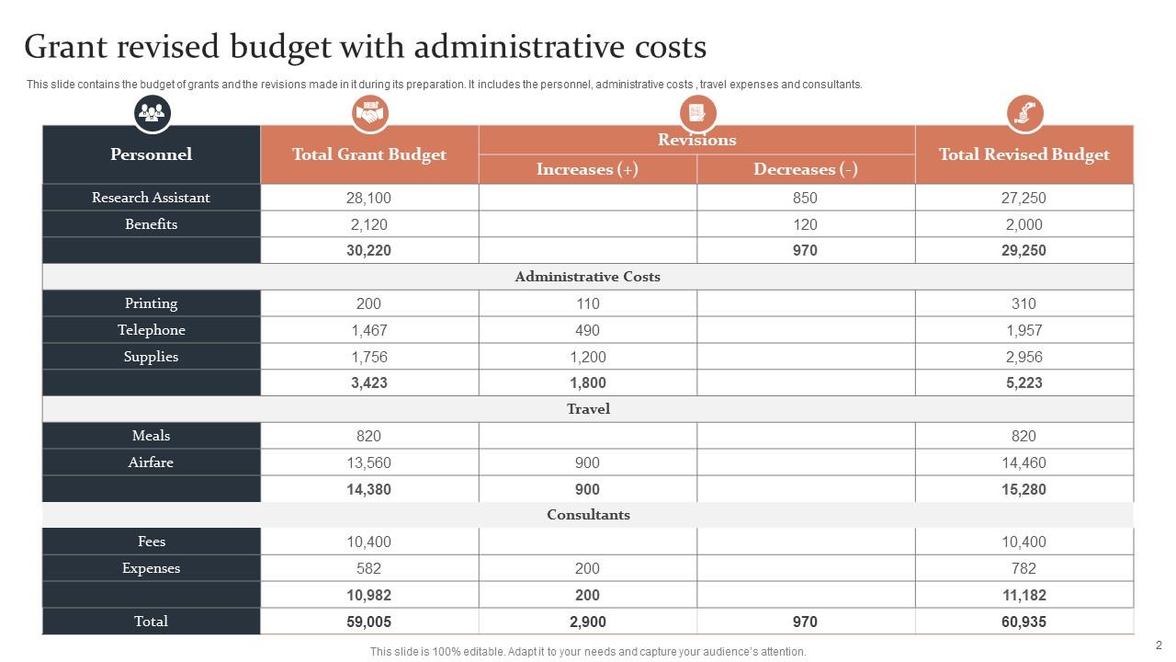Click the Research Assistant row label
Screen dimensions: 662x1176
151,198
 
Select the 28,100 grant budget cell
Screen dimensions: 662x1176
368,198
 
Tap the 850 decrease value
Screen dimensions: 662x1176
805,198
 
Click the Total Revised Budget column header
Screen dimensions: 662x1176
1023,154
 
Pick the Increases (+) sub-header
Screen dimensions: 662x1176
587,169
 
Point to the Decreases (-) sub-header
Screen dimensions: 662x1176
805,169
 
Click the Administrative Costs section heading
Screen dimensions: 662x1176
588,277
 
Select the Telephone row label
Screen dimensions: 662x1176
151,330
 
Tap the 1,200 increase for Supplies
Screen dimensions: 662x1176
587,357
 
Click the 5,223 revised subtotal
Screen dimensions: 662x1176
1023,383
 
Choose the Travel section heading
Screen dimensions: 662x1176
588,409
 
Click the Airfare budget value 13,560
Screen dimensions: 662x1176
368,462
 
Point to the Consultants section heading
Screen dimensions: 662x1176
588,515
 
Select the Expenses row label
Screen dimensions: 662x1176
151,568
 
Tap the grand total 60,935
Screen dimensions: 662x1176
1023,622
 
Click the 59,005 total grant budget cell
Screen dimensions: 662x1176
368,622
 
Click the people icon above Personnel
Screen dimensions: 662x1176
152,113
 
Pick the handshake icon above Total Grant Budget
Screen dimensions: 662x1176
370,113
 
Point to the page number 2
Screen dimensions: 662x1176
1159,645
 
